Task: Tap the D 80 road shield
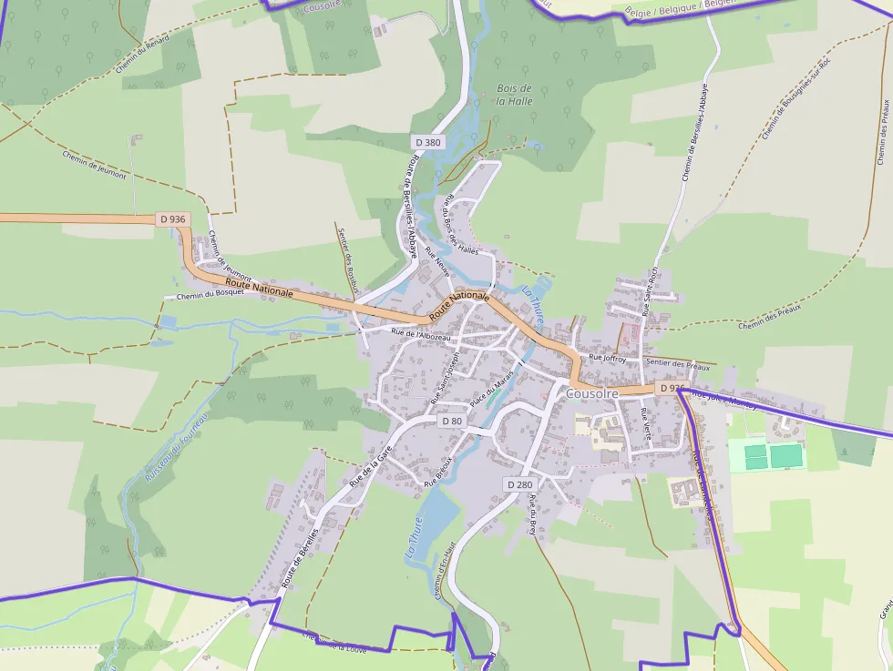click(452, 421)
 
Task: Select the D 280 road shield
click(519, 484)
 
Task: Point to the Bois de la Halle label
click(514, 95)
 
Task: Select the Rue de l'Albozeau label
click(421, 335)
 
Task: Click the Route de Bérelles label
click(301, 556)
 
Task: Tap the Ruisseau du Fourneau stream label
click(177, 445)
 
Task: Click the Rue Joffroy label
click(608, 359)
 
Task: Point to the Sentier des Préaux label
click(677, 364)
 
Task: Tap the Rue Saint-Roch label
click(650, 290)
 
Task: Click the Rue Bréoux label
click(438, 470)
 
